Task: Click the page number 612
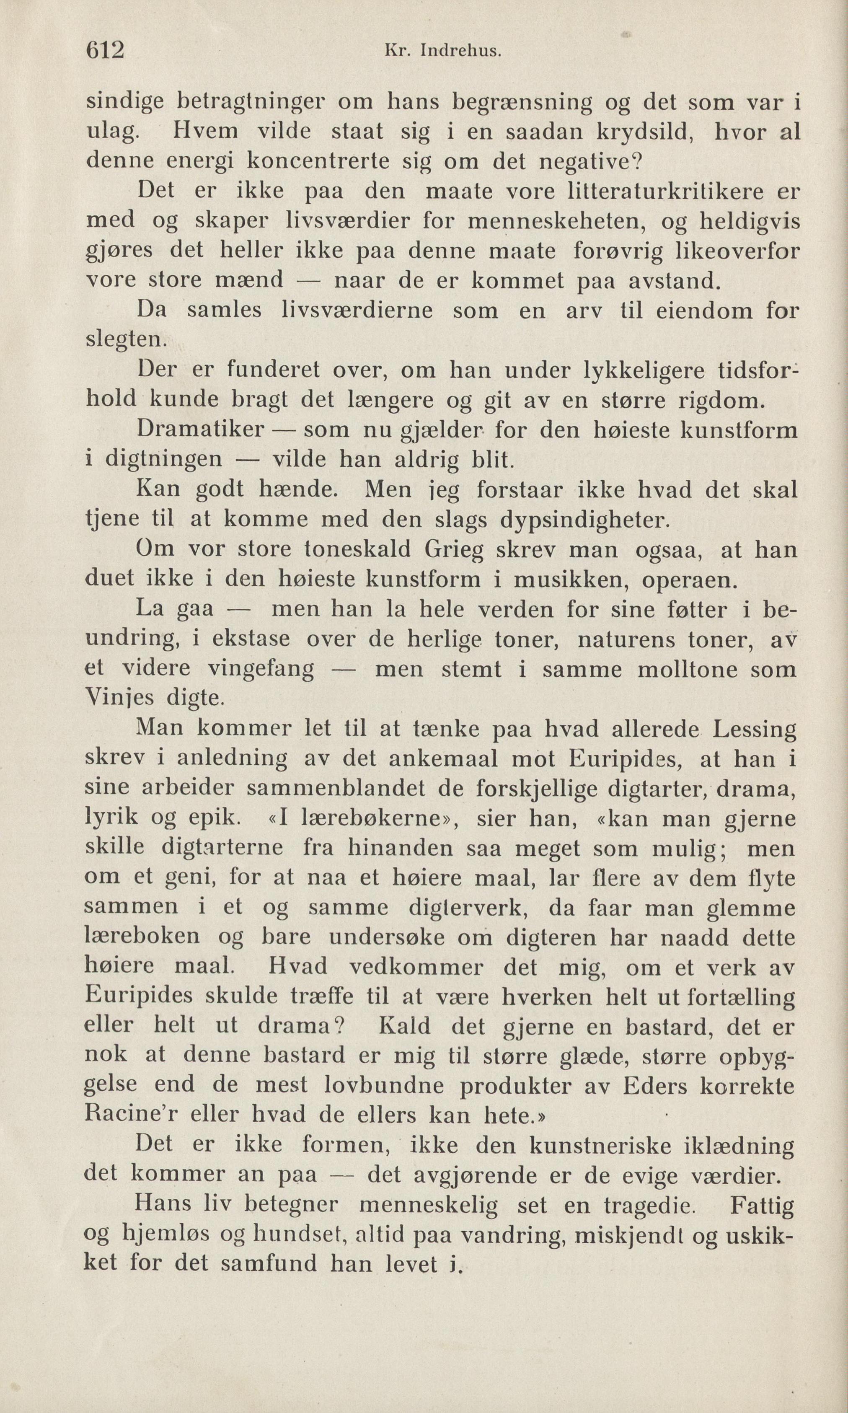click(x=105, y=52)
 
